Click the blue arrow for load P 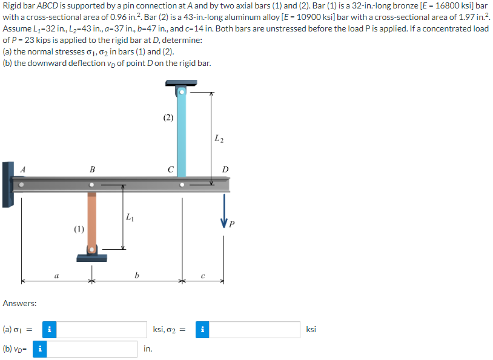pos(225,209)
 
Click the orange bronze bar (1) pos(91,218)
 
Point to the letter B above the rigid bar pos(91,169)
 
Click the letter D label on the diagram pos(225,169)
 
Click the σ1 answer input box pos(103,330)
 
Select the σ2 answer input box pos(255,330)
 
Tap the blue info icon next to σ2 pos(203,330)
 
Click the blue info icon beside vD pos(40,349)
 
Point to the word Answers pos(19,303)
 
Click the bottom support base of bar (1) pos(91,258)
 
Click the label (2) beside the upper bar pos(168,118)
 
